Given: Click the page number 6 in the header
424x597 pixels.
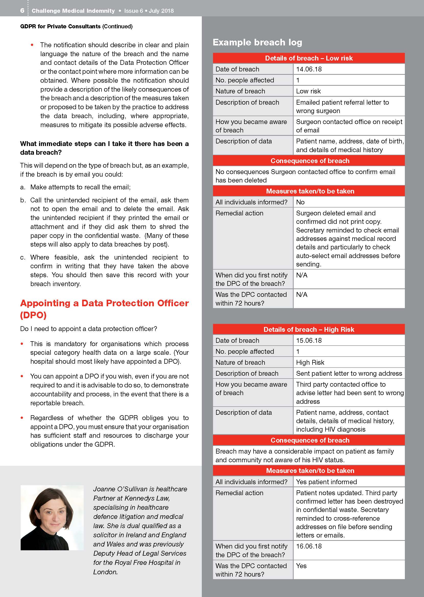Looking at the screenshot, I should [22, 10].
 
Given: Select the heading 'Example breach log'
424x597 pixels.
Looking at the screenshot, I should [257, 42].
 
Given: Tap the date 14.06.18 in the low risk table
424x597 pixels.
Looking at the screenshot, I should [309, 69].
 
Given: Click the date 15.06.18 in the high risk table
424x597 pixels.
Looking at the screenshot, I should [309, 340].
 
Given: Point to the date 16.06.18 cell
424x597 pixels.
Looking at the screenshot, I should [309, 546].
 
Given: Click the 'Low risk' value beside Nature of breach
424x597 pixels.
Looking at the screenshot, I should [308, 91].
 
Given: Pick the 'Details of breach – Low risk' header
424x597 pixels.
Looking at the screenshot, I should [309, 58].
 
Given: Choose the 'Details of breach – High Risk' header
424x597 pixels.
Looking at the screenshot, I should [309, 329].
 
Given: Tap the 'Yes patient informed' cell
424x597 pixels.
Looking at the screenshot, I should [326, 482].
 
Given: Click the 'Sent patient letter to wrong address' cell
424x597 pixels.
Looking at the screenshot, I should [349, 373].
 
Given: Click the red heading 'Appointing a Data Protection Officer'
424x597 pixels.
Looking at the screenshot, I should [104, 303].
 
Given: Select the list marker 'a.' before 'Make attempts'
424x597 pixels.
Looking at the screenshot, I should [23, 187].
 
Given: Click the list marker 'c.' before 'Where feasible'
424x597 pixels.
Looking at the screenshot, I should [23, 258].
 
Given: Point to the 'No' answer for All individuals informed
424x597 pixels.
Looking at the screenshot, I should [300, 202].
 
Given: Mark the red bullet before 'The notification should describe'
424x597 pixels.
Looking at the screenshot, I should [32, 45].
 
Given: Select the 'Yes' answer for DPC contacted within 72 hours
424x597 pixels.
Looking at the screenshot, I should [301, 566].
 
